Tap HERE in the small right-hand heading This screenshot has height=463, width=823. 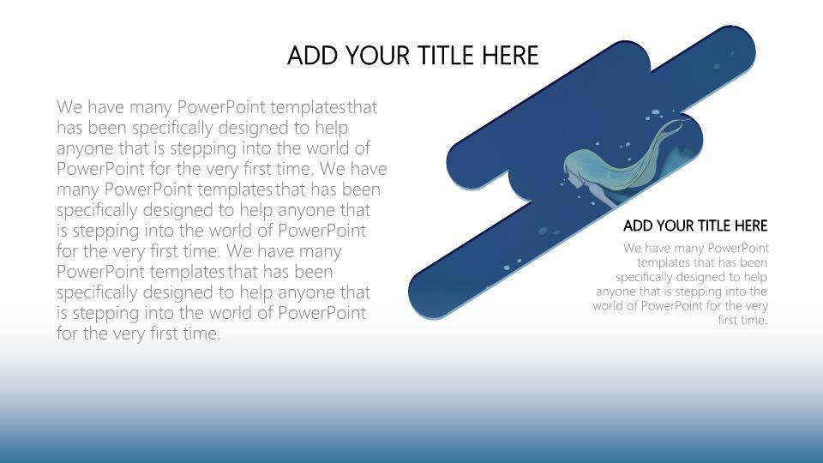(x=751, y=225)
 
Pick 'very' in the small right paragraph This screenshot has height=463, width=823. (x=756, y=307)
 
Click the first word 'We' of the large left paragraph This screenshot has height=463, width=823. (x=69, y=107)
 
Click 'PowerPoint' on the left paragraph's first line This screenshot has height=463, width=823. (x=221, y=107)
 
